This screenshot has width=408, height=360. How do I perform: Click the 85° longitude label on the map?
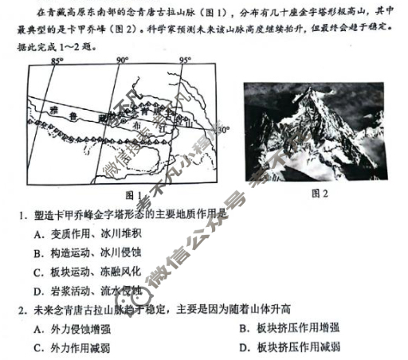(57, 61)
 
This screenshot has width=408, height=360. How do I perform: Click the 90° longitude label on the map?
(122, 61)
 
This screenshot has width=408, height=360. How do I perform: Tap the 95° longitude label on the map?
(185, 61)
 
